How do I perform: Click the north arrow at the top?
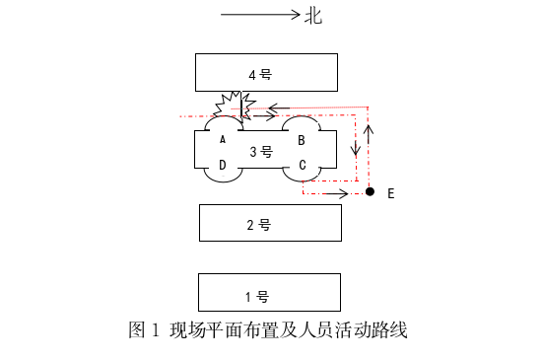tap(260, 15)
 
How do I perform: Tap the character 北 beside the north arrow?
tap(313, 15)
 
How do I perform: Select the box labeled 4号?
tap(266, 72)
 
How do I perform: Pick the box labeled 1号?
tap(269, 293)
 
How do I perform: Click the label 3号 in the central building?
tap(260, 151)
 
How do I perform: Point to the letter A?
tap(223, 139)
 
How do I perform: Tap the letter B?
tap(302, 139)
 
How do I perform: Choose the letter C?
tap(302, 164)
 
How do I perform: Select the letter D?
tap(223, 164)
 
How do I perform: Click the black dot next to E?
tap(370, 191)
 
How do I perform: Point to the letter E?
tap(391, 194)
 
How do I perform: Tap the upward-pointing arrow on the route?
tap(370, 132)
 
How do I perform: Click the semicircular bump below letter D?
tap(223, 176)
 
